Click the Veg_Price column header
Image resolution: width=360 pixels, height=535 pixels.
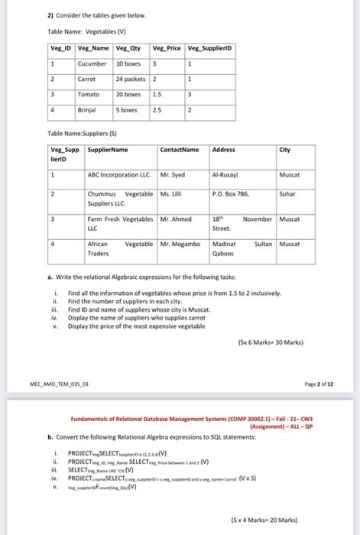click(x=167, y=50)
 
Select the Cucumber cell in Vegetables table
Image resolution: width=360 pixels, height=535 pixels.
click(x=92, y=63)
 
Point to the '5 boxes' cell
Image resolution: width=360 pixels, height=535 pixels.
click(x=127, y=109)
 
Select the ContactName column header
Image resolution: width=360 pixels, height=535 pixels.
click(x=180, y=149)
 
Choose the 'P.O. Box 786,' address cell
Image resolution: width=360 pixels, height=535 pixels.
click(x=231, y=195)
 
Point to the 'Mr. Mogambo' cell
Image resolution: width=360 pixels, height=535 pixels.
click(x=181, y=243)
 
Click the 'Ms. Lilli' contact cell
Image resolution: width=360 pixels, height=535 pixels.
click(x=172, y=195)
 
